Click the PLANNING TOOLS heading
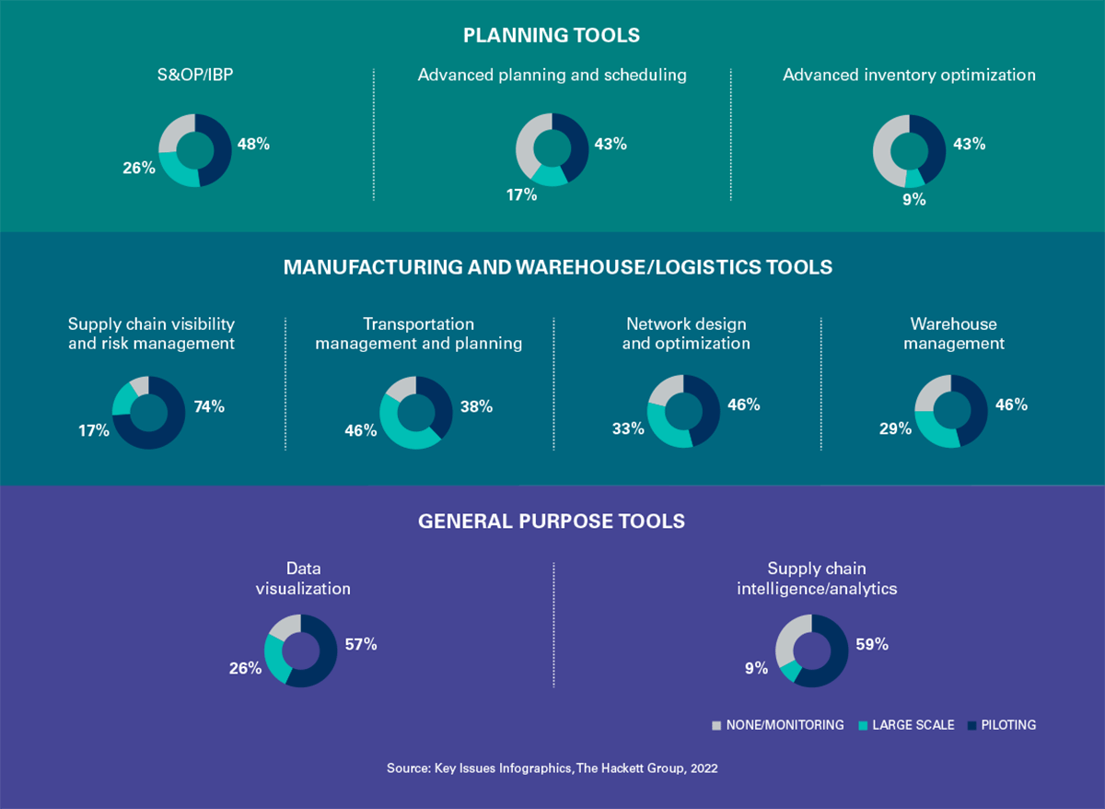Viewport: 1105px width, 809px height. click(552, 36)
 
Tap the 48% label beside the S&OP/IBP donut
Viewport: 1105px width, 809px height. click(253, 144)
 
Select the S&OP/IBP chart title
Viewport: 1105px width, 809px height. click(195, 75)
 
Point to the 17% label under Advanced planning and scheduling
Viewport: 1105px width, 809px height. click(521, 195)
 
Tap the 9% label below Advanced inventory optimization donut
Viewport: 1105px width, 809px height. click(914, 199)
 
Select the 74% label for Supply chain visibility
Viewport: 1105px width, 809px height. click(209, 406)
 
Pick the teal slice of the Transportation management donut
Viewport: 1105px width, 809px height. click(395, 429)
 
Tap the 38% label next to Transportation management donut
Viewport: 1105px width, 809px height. click(477, 406)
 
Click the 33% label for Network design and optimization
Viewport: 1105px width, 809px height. click(628, 428)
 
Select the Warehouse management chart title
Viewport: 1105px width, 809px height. click(954, 334)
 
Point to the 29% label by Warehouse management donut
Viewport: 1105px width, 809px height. click(895, 428)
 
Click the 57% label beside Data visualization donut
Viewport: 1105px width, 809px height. click(361, 644)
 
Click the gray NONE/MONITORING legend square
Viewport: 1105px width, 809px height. click(716, 725)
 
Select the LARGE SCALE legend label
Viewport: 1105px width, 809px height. click(913, 725)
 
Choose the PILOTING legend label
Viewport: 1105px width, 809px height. click(1008, 725)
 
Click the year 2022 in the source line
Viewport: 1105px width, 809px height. click(704, 768)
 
